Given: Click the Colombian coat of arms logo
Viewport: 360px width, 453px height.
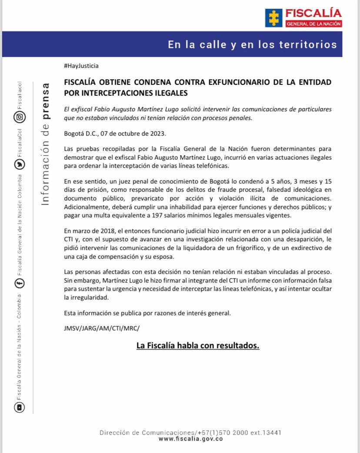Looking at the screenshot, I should coord(273,18).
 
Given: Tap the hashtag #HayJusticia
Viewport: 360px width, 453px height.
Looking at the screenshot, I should coord(81,66).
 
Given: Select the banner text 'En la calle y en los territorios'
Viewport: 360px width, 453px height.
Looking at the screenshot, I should coord(252,44).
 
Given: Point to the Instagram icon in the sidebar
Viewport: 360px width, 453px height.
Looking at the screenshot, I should coord(20,117).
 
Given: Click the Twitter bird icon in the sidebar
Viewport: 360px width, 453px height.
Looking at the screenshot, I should coord(20,164).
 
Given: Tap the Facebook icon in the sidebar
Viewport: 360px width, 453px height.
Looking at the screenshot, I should coord(20,283).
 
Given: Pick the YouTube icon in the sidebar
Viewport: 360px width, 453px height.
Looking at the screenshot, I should coord(20,407).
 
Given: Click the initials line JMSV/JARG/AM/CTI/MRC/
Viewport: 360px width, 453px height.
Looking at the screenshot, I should coord(102,328).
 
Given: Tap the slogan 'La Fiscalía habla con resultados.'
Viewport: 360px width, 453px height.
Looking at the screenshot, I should coord(198,346).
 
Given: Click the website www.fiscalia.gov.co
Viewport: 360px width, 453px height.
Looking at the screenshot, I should coord(191,439).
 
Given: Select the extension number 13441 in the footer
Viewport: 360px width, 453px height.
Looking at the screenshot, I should coord(273,433).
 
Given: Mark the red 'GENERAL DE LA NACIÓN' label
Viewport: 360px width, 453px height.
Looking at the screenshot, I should coord(313,23).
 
